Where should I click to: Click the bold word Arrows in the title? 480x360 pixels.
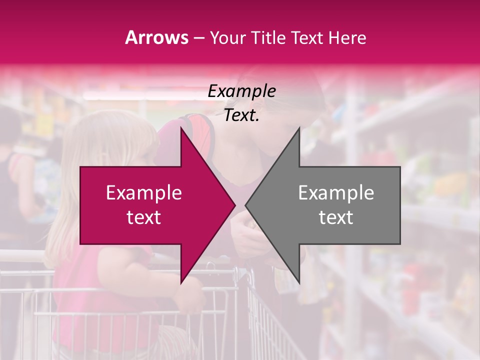(157, 37)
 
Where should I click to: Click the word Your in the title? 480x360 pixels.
(228, 38)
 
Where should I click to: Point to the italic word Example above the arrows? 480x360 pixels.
(241, 91)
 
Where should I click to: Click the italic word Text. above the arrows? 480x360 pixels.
(241, 115)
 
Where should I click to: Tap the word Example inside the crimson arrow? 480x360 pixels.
(144, 192)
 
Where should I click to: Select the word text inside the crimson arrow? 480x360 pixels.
(144, 217)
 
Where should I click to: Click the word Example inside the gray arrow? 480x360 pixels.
(336, 192)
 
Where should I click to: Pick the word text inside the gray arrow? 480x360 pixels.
(336, 217)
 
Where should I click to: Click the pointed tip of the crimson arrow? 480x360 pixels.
(234, 205)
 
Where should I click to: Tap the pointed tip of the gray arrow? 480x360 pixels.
(246, 205)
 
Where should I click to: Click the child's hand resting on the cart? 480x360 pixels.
(192, 300)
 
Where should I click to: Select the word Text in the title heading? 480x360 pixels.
(306, 37)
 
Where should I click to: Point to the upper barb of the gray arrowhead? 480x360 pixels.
(298, 131)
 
